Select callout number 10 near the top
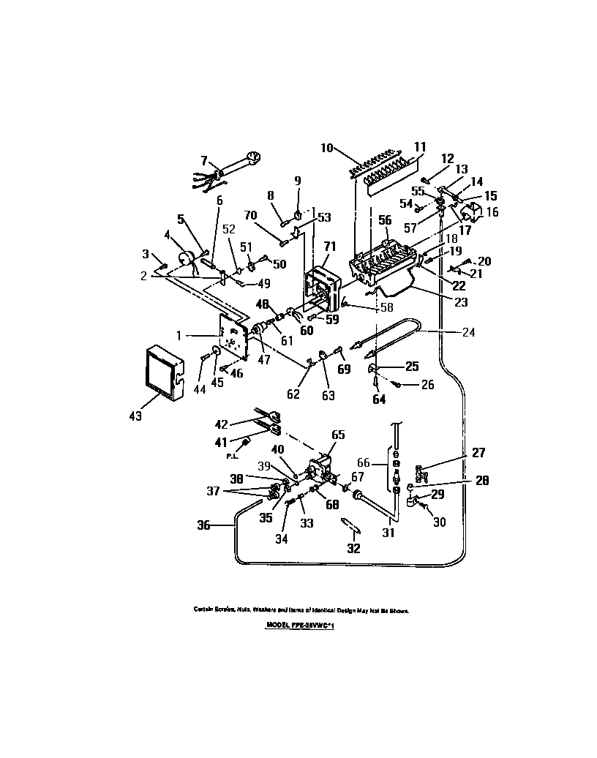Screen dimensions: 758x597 point(326,148)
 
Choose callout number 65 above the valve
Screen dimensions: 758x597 point(337,434)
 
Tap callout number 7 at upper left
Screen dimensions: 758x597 point(205,160)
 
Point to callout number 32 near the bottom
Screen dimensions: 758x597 point(353,549)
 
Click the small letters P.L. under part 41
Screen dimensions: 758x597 point(231,456)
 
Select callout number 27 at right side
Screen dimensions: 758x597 point(478,453)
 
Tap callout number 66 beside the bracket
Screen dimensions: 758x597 point(363,463)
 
